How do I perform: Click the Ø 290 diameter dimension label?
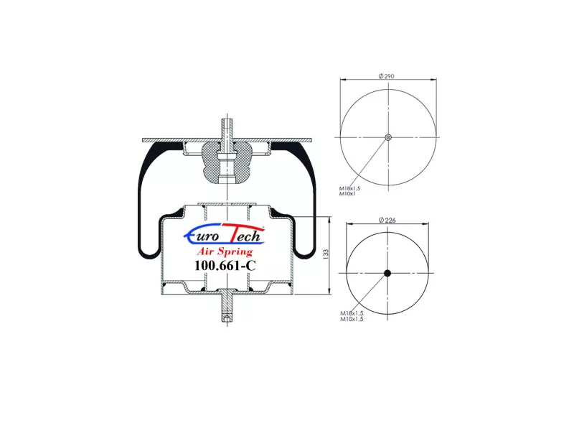coord(387,76)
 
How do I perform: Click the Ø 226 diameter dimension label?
coord(387,220)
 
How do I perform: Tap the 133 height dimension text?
coord(326,255)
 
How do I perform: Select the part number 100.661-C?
coord(225,265)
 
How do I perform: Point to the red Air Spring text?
coord(225,251)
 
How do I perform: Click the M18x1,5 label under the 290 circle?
coord(349,188)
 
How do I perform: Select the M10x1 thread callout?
coord(347,193)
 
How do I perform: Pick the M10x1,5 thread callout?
coord(352,319)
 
